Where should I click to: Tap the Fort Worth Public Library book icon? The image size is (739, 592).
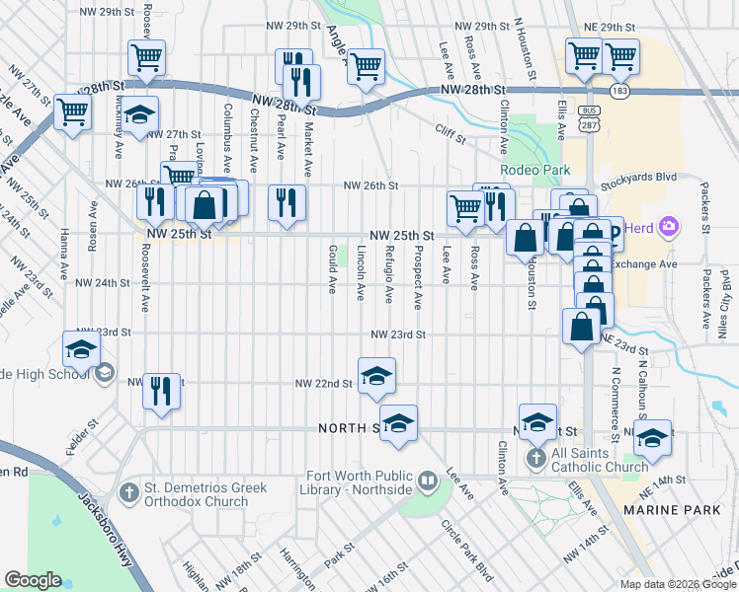click(427, 481)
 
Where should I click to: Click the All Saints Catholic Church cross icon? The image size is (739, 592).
click(534, 458)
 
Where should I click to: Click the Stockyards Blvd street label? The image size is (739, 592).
click(639, 178)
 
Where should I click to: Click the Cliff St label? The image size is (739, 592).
click(450, 128)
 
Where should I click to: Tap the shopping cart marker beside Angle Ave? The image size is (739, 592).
click(366, 67)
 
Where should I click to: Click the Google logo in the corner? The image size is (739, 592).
click(33, 580)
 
